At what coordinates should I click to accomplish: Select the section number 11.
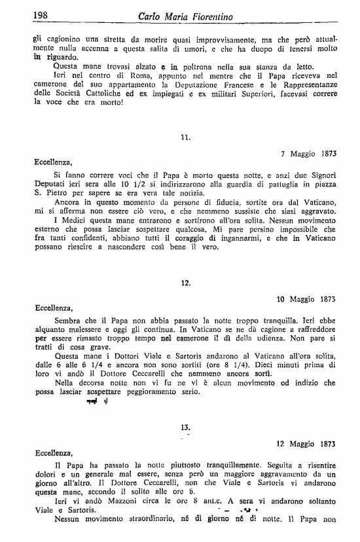(x=185, y=138)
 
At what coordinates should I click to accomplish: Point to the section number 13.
(x=185, y=427)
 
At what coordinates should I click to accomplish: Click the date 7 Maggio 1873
(x=308, y=154)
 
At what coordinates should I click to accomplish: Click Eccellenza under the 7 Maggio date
(x=53, y=161)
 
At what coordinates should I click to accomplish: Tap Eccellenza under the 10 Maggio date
(x=53, y=306)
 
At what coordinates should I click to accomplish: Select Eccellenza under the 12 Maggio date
(x=53, y=451)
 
